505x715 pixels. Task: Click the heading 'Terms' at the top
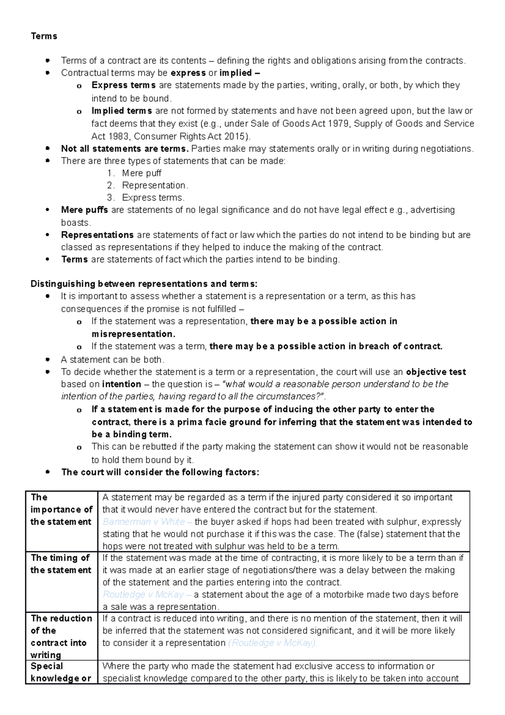pos(44,36)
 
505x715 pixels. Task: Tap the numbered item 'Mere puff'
pos(141,173)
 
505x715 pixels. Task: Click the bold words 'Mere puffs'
pos(84,210)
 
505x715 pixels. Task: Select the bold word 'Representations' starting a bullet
pos(97,235)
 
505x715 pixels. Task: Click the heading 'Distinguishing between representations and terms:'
pos(144,284)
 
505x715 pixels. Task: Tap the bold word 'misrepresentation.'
pos(133,334)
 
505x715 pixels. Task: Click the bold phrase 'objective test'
pos(436,372)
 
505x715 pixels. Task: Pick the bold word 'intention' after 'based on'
pos(122,384)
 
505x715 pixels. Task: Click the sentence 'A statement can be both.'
pos(112,360)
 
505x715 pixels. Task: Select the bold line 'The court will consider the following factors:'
pos(160,472)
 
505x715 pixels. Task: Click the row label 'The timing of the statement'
pos(61,564)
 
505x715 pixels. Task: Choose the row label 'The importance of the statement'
pos(61,510)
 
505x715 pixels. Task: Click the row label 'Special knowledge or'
pos(61,672)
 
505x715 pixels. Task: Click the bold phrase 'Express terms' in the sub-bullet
pos(123,85)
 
